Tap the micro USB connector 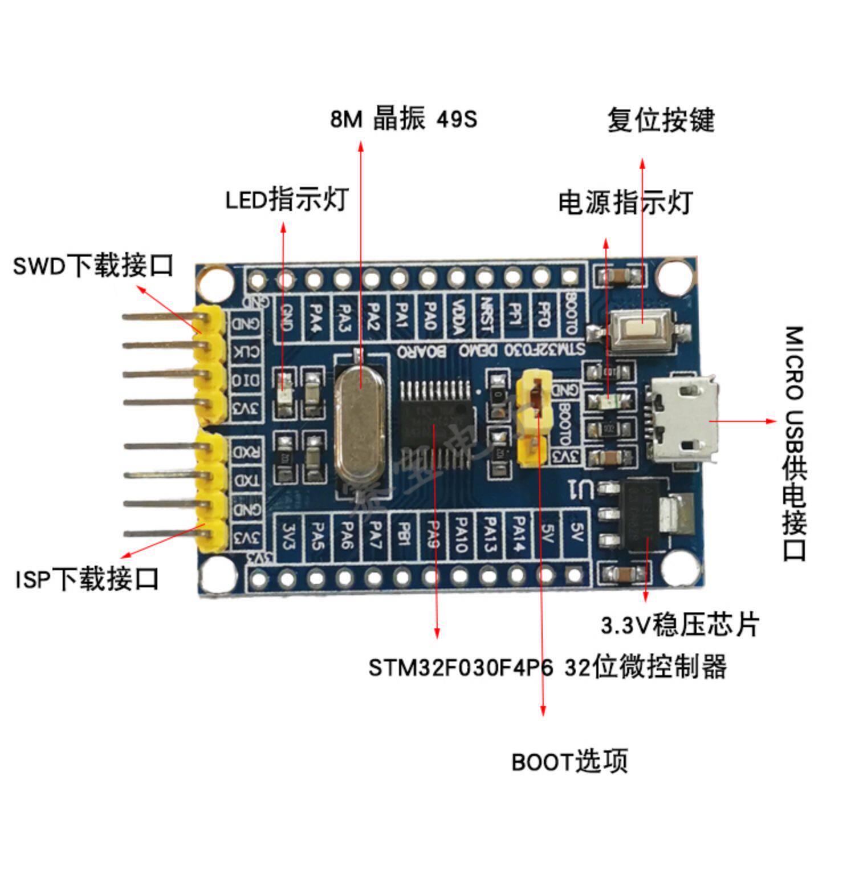pos(681,421)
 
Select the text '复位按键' pos(660,120)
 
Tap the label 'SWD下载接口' pos(93,266)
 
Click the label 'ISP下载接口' pos(87,579)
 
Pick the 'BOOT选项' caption pos(569,761)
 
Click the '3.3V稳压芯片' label pos(680,624)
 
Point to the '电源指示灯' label pos(625,202)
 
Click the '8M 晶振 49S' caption pos(404,119)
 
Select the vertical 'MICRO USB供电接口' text pos(793,443)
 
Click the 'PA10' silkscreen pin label pos(461,535)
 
